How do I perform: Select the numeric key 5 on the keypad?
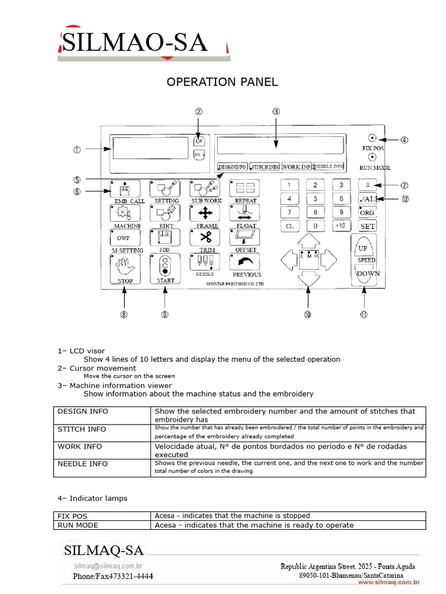point(315,199)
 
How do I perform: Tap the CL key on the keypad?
point(289,226)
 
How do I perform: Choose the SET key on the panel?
point(367,226)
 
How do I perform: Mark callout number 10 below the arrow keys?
point(307,315)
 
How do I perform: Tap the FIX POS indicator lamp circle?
point(372,139)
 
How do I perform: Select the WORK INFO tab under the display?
point(297,166)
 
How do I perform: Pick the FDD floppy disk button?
point(164,237)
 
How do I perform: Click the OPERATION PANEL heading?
point(222,82)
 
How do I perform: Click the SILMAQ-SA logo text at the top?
point(134,42)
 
